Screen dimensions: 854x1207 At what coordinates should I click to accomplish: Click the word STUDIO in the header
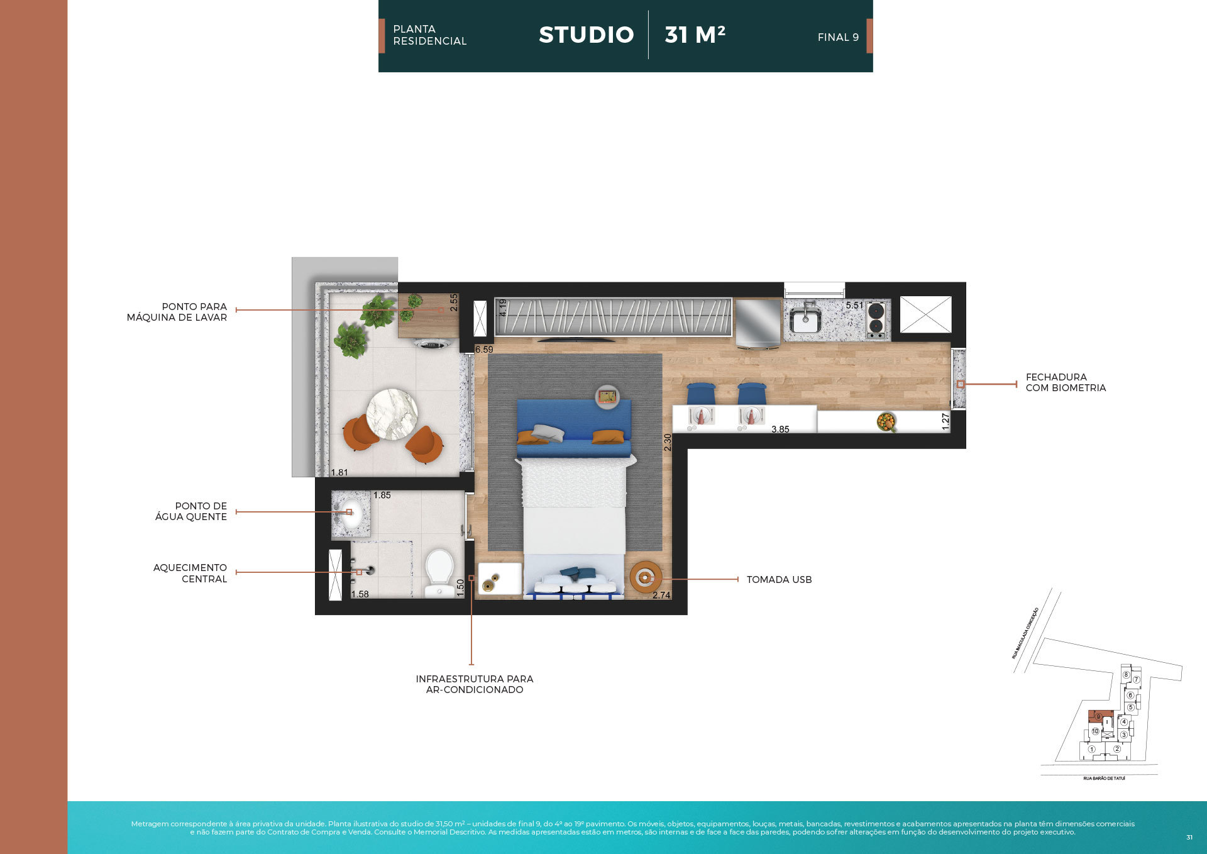(586, 35)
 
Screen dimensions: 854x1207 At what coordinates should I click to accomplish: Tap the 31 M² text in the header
(695, 35)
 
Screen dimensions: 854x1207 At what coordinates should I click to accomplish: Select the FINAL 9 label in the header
(837, 38)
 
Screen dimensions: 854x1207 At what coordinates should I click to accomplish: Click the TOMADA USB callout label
(779, 580)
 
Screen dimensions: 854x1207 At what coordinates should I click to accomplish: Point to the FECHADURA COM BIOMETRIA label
(1065, 382)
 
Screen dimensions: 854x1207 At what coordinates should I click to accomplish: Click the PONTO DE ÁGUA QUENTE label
(191, 511)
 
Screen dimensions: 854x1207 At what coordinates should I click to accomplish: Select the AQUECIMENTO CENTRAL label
(190, 573)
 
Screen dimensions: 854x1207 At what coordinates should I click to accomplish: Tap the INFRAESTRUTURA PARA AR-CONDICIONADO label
(474, 684)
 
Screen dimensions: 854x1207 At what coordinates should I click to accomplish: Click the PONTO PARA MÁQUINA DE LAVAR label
(177, 312)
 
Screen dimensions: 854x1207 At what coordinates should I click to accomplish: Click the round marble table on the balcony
(392, 413)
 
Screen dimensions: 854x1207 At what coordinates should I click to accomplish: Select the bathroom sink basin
(351, 514)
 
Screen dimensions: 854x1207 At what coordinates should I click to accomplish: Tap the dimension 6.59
(484, 350)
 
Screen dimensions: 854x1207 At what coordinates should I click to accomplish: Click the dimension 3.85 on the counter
(780, 430)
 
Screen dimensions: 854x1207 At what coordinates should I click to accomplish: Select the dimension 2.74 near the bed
(661, 595)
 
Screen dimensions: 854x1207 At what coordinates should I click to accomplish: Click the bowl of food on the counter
(886, 421)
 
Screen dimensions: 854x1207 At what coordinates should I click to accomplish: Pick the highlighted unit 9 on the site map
(1098, 716)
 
